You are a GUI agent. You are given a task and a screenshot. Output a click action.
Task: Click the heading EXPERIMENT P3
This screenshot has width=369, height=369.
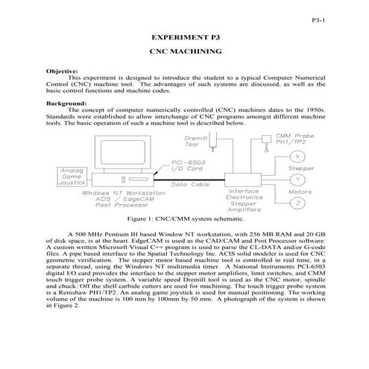tap(184, 36)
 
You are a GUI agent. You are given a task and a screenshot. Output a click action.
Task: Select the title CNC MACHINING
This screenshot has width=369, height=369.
tap(184, 54)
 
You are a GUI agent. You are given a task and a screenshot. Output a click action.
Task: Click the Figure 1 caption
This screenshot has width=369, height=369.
tap(184, 221)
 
